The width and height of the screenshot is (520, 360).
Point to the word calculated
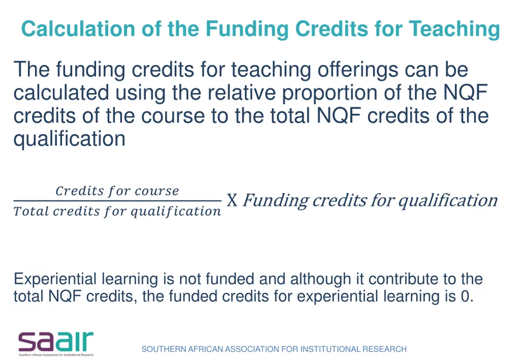click(x=61, y=93)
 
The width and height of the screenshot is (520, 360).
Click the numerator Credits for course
click(x=117, y=191)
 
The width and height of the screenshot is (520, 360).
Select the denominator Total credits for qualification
click(x=117, y=211)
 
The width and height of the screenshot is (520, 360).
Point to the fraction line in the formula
click(x=117, y=201)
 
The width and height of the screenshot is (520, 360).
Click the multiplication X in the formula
click(x=232, y=201)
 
